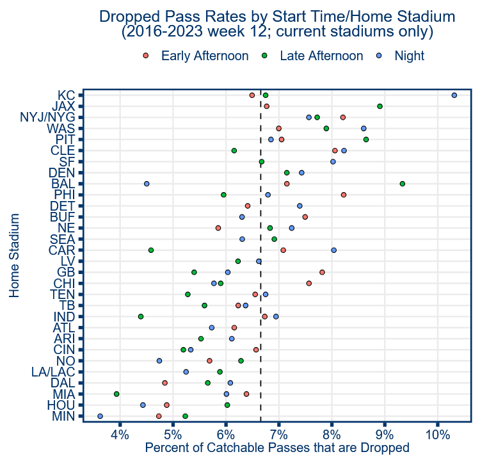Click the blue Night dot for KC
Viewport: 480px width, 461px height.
point(454,95)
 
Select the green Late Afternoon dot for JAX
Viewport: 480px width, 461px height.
point(380,106)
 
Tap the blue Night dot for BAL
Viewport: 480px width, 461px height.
point(147,184)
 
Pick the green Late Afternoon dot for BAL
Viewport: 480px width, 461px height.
point(403,184)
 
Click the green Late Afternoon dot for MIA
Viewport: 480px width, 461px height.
point(116,394)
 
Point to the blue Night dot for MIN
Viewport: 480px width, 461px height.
point(100,416)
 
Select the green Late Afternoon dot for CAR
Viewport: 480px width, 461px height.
point(151,250)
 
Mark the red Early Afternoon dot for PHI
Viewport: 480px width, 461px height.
point(344,195)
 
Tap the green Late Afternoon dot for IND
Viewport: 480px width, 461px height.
point(141,316)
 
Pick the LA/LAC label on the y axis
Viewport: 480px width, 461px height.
point(54,372)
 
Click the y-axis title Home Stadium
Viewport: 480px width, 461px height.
point(14,255)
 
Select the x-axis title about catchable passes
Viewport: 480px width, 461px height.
point(277,448)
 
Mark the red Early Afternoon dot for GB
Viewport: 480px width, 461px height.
point(322,272)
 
